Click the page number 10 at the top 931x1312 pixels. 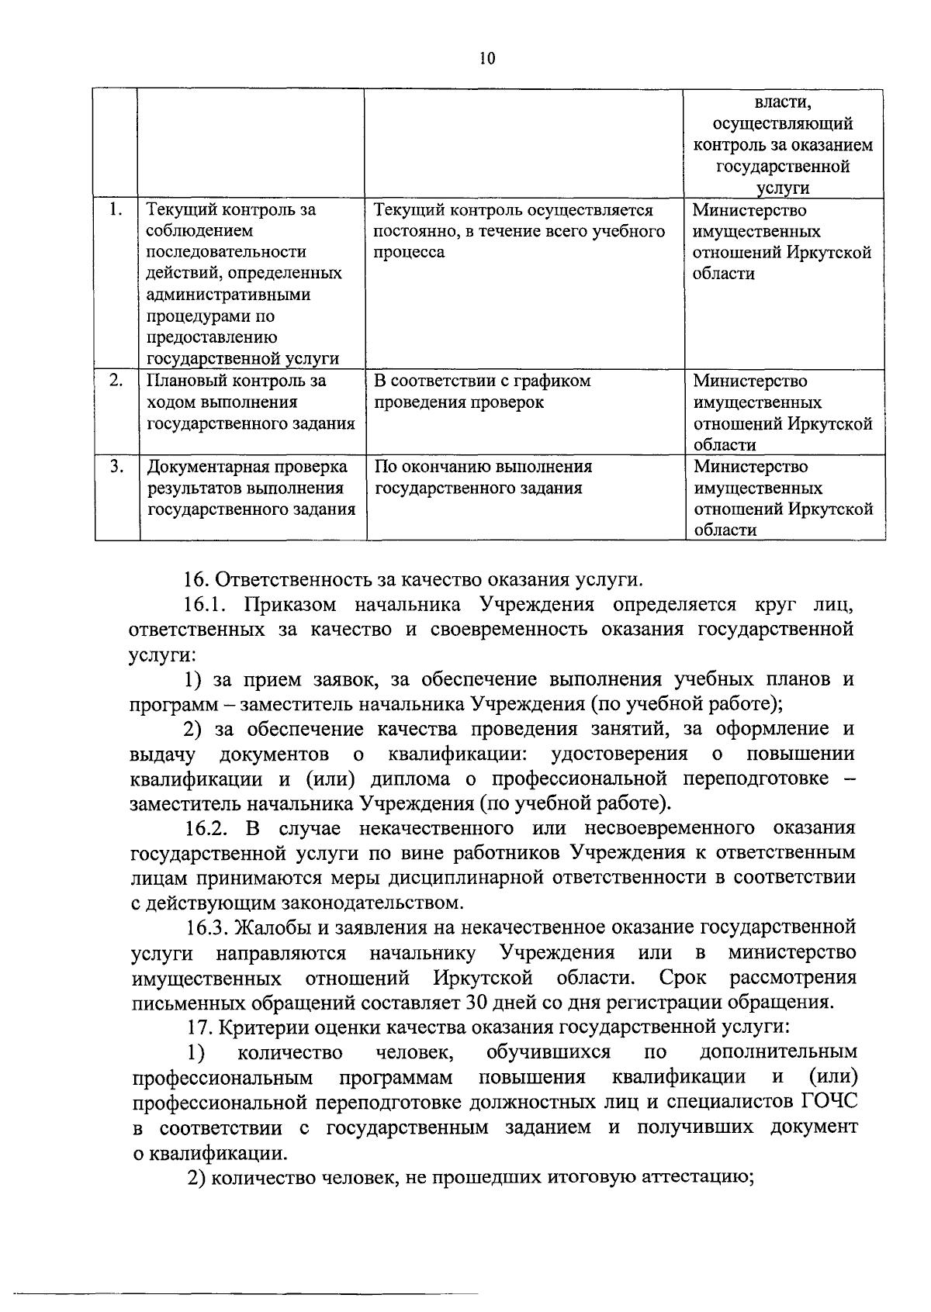[x=487, y=60]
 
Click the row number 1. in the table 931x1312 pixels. [x=116, y=209]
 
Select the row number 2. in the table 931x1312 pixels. [x=116, y=380]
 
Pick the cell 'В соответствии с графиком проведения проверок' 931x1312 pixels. [x=482, y=392]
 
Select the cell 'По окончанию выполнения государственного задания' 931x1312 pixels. [x=483, y=477]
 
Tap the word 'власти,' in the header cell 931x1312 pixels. [x=783, y=103]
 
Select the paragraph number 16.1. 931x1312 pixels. [x=206, y=605]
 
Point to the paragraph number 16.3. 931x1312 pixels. [x=207, y=927]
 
